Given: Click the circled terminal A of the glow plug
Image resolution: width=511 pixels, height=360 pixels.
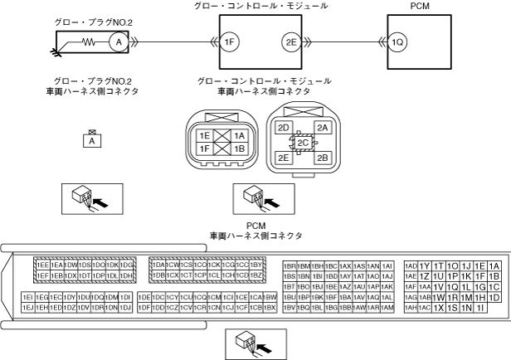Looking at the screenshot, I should [118, 41].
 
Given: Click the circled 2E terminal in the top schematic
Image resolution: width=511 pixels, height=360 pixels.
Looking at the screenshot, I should [290, 41].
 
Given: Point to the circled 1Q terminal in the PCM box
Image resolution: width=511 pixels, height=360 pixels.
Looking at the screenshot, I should [398, 41].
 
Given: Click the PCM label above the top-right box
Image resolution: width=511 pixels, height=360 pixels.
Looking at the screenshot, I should [420, 6].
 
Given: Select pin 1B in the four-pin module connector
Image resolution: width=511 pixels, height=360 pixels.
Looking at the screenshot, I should [240, 148].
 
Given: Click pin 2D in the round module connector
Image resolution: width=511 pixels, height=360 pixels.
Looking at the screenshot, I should [284, 128].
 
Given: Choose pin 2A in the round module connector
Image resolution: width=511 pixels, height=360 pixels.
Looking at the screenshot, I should [324, 128].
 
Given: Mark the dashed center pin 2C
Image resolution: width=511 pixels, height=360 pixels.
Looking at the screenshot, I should [304, 142].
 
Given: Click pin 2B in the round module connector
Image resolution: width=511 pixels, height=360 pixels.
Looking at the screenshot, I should [324, 157].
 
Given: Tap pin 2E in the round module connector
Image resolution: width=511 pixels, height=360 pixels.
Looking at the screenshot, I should [284, 157].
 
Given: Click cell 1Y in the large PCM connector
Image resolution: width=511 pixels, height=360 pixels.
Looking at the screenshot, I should [424, 265].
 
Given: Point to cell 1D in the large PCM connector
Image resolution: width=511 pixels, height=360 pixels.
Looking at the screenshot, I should [494, 297].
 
